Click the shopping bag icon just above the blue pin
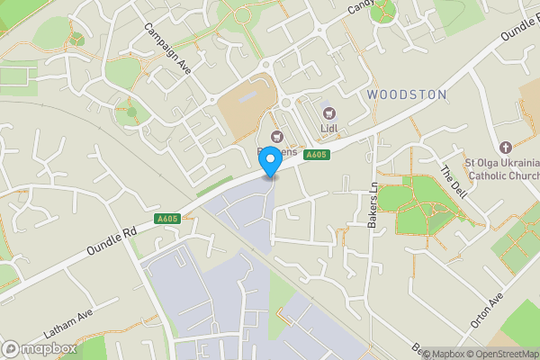pos(277,137)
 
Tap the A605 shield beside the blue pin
pos(316,156)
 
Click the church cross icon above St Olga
pos(505,147)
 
